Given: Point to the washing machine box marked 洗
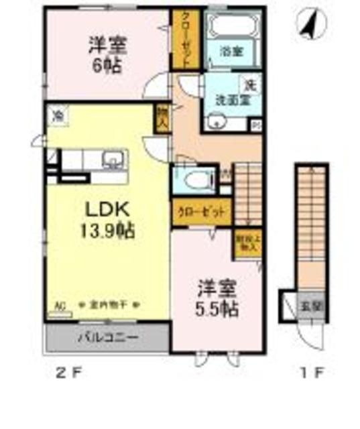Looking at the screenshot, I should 250,85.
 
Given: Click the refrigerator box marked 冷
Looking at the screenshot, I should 58,115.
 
